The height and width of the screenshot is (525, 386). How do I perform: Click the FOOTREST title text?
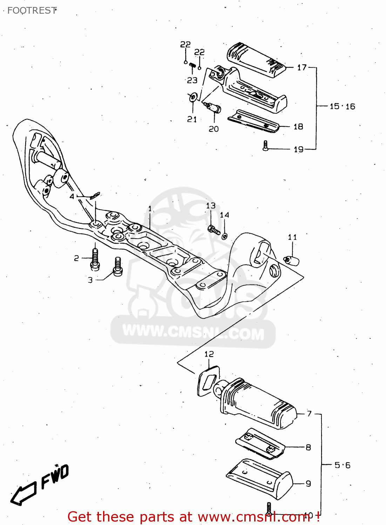32,10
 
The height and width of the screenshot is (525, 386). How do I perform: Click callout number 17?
302,68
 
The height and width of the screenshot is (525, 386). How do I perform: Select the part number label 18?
298,127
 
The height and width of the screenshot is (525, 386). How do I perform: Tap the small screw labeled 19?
265,146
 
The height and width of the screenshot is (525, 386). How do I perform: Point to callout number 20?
214,129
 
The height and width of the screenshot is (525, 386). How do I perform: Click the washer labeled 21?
192,97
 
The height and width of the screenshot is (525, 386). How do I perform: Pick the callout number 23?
192,80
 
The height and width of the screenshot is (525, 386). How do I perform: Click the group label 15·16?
342,106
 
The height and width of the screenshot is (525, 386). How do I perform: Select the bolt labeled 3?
118,267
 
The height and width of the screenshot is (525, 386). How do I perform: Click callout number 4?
72,197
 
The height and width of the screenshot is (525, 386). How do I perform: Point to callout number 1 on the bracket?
150,209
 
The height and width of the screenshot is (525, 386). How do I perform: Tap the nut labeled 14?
224,236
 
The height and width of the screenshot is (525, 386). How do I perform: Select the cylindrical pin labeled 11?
291,260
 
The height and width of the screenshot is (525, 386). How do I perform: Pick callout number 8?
308,447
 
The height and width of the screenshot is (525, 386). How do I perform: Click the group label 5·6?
342,465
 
